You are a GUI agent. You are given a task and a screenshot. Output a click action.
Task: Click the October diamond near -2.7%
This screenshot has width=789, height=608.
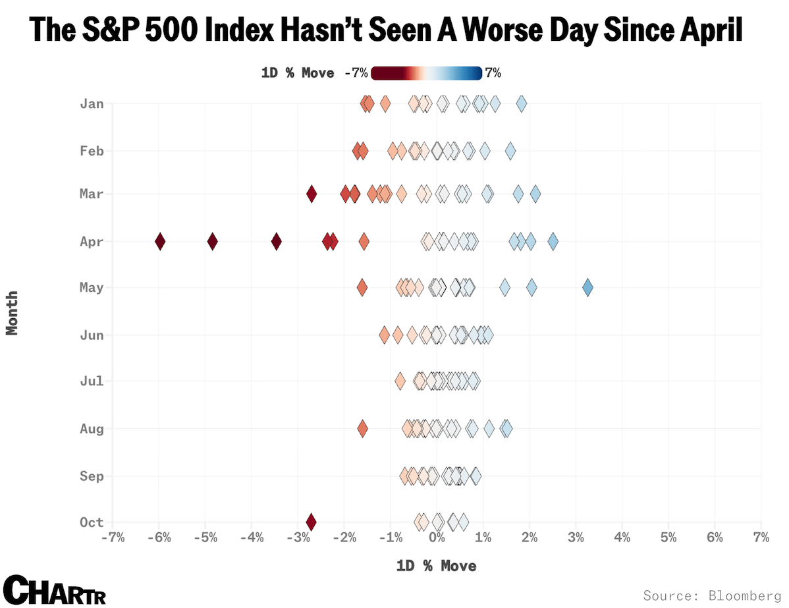[x=312, y=522]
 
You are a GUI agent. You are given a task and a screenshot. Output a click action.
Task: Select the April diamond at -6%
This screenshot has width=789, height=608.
[x=160, y=242]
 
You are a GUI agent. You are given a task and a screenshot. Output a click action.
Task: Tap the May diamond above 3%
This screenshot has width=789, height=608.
[x=587, y=288]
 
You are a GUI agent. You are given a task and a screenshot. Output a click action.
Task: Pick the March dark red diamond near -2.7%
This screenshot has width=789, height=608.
[x=312, y=194]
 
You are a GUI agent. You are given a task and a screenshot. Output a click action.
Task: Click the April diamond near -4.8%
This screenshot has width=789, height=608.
[x=212, y=242]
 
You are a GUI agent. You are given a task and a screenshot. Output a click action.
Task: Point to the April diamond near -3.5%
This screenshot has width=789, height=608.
[x=277, y=242]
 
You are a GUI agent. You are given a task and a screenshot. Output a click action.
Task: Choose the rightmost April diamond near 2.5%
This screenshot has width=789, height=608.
[x=553, y=242]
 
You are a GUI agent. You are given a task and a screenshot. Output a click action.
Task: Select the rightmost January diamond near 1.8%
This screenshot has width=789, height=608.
[x=521, y=103]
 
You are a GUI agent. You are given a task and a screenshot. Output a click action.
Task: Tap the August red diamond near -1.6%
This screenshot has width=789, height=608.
[x=362, y=429]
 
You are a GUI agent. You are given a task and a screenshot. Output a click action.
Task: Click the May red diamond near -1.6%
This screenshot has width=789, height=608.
[x=362, y=288]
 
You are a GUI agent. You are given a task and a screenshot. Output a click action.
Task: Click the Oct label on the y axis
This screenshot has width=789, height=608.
[x=92, y=522]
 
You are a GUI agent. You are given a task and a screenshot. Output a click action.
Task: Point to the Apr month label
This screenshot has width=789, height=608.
[x=92, y=242]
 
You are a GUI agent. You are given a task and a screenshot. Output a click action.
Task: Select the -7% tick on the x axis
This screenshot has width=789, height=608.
[x=113, y=538]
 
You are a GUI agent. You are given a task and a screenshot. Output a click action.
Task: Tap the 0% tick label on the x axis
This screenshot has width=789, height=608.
[x=436, y=538]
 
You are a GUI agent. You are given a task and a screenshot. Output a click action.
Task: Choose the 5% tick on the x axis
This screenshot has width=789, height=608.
[x=668, y=538]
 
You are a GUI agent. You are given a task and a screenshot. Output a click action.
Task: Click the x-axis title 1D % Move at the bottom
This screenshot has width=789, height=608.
[x=436, y=566]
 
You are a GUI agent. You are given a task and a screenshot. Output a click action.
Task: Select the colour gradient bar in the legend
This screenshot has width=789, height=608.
[x=426, y=73]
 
